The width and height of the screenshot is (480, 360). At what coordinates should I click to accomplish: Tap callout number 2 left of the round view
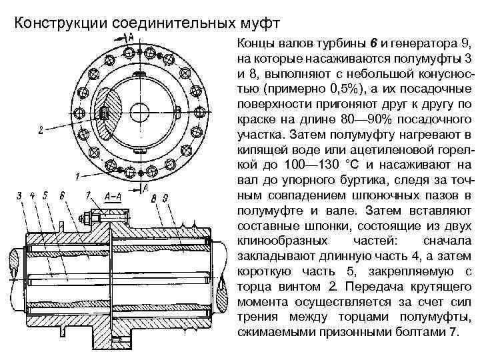pos(41,131)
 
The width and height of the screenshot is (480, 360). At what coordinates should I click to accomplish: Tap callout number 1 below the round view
pos(77,177)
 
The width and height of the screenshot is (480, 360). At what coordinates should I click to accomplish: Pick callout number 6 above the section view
pos(61,195)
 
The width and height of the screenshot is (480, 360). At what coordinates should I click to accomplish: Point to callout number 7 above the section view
pos(88,195)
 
